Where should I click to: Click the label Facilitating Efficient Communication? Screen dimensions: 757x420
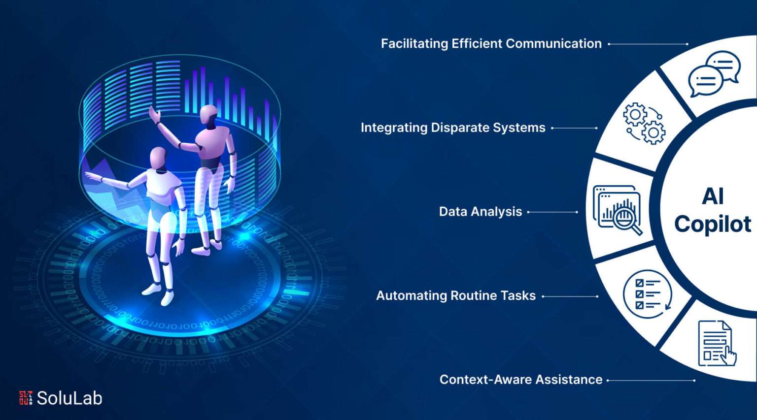(x=491, y=44)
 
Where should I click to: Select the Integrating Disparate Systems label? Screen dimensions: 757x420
(x=453, y=128)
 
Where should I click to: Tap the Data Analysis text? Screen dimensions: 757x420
(x=481, y=212)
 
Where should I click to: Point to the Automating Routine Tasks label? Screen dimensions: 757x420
(x=456, y=296)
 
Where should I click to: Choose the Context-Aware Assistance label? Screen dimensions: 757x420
(x=521, y=380)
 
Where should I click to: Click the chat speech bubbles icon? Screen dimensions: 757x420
(x=714, y=74)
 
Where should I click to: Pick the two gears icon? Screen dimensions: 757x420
(x=645, y=124)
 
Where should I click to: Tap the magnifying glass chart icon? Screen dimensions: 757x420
(x=618, y=210)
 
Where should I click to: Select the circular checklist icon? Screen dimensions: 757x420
(x=647, y=294)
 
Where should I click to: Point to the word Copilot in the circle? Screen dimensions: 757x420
(x=713, y=224)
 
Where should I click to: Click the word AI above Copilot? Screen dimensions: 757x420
(x=713, y=196)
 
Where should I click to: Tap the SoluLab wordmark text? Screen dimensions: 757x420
(x=69, y=398)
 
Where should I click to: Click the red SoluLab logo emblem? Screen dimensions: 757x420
(x=26, y=398)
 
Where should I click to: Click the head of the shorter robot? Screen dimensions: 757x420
(x=158, y=159)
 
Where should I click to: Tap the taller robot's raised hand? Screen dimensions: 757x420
(x=154, y=114)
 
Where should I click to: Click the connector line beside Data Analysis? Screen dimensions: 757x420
(x=552, y=212)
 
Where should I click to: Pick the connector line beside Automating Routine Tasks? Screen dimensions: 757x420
(x=570, y=296)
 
